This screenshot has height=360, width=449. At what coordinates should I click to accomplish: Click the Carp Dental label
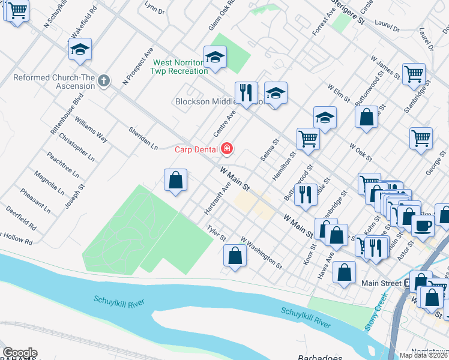coord(196,149)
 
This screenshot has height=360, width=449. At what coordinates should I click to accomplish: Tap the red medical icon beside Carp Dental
coord(227,148)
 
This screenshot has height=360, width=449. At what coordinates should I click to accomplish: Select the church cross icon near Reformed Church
coord(104,80)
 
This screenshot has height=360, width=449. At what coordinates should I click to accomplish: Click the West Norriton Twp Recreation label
coord(180,67)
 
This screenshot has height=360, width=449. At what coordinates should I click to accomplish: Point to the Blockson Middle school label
coord(201,101)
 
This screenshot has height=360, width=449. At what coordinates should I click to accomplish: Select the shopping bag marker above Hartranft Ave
coord(175,179)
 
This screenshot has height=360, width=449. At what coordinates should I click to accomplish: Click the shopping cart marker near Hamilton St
coord(308,138)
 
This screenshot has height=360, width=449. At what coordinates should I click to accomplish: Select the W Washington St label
coord(261,251)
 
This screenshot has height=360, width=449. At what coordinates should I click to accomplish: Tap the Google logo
coord(20,353)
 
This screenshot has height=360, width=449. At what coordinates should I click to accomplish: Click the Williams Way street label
coord(91,129)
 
